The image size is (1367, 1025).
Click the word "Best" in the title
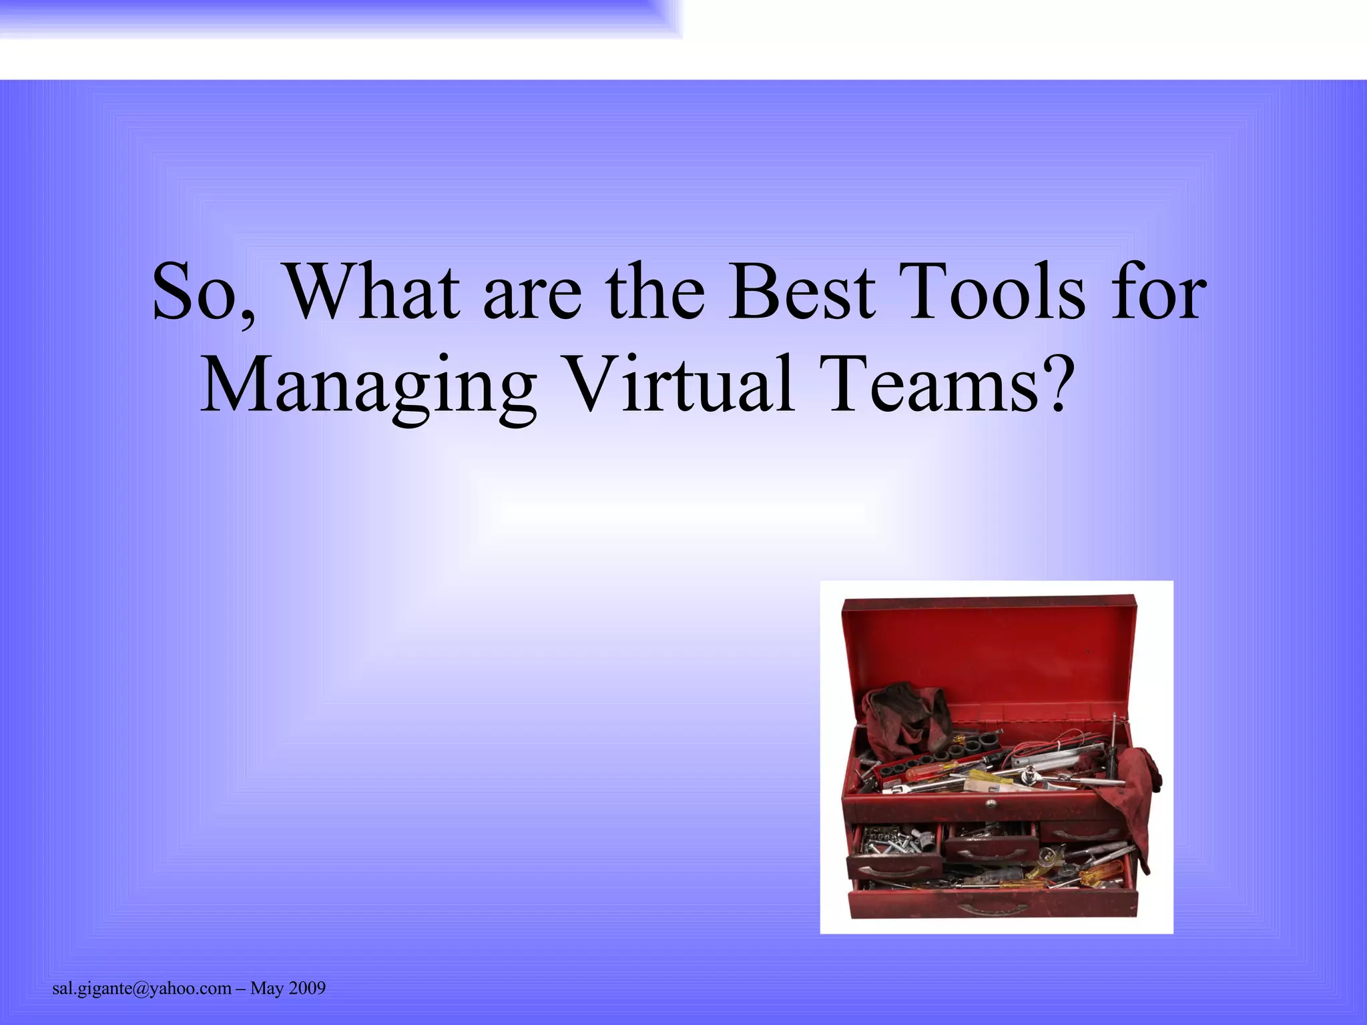800,292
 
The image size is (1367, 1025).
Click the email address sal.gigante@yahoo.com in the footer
142,988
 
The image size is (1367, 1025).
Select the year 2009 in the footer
307,988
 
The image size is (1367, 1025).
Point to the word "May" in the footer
266,989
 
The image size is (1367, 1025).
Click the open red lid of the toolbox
988,647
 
